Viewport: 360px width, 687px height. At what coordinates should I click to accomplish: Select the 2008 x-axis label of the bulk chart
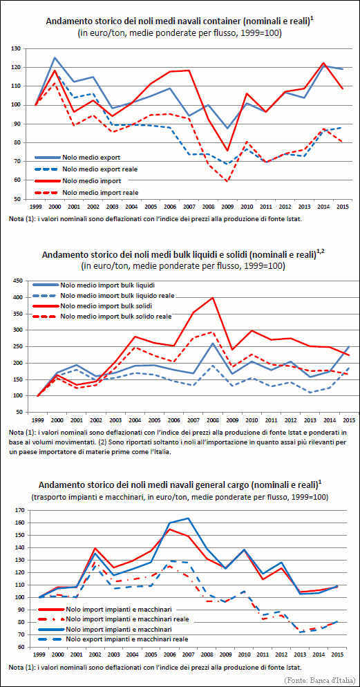point(212,421)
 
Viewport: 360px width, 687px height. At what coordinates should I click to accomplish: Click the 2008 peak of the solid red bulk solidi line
point(213,297)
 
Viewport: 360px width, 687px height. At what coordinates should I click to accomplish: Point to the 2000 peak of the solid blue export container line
point(55,57)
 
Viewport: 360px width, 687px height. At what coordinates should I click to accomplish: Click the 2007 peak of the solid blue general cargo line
point(189,518)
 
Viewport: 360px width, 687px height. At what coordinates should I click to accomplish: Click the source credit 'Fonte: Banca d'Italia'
point(319,680)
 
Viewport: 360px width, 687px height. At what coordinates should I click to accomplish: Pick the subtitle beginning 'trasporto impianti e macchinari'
point(180,498)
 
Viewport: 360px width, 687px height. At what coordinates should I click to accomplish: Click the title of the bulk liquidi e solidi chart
point(180,256)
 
